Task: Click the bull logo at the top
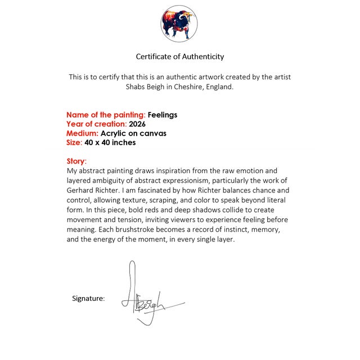tap(179, 24)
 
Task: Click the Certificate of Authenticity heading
tap(180, 56)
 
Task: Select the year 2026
tap(137, 124)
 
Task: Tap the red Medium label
tap(82, 133)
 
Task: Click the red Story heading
tap(76, 161)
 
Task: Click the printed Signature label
tap(88, 298)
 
